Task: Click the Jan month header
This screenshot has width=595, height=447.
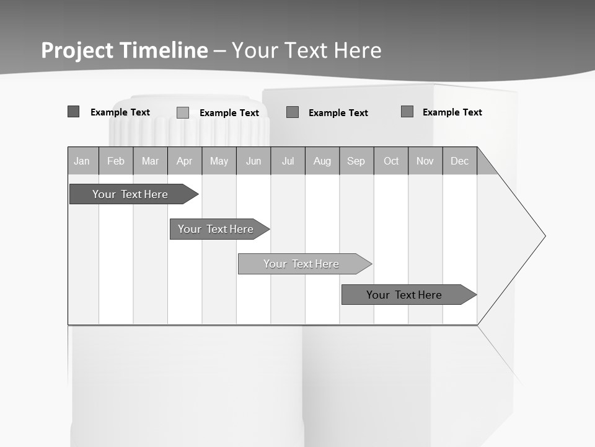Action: tap(82, 161)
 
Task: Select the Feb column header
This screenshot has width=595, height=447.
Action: tap(116, 161)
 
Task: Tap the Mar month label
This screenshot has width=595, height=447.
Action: tap(150, 161)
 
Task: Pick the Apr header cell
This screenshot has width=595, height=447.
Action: tap(185, 161)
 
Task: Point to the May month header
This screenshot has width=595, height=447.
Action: tap(219, 161)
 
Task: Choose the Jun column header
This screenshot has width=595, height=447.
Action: tap(253, 161)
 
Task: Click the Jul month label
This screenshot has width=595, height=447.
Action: tap(288, 161)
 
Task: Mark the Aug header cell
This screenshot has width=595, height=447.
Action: tap(322, 161)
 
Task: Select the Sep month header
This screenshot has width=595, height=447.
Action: tap(356, 161)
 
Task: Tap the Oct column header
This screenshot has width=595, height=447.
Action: tap(391, 161)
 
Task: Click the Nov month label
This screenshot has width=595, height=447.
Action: tap(425, 161)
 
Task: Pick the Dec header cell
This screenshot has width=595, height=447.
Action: tap(460, 161)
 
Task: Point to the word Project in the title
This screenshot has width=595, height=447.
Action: tap(77, 50)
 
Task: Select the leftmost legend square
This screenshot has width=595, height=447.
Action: tap(73, 112)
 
